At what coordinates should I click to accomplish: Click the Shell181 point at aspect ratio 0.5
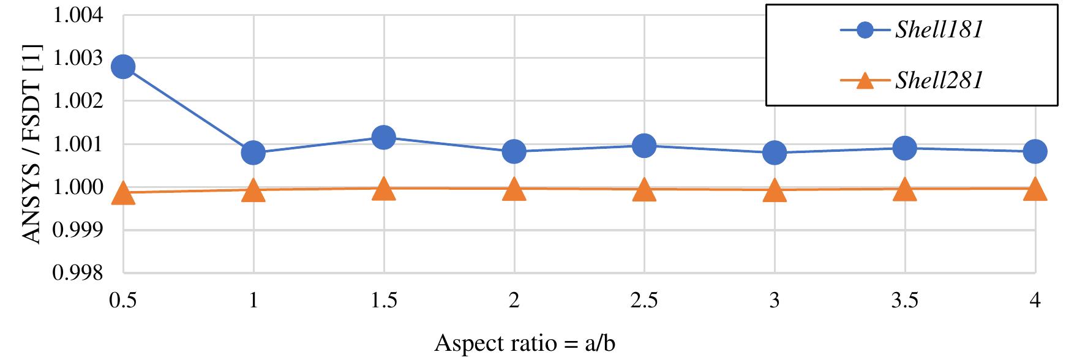(x=122, y=67)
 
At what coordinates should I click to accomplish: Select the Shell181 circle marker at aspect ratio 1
(x=253, y=152)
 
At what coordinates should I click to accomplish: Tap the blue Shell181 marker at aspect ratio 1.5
(x=383, y=137)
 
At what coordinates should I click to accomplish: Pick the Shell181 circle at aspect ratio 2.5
(x=644, y=145)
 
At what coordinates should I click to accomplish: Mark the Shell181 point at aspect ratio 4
(x=1035, y=151)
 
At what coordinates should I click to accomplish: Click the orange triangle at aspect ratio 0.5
(x=122, y=193)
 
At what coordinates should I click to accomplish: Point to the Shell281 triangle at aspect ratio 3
(x=775, y=190)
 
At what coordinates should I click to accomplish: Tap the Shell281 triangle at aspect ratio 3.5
(x=904, y=189)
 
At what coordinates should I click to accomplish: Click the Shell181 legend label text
(x=939, y=31)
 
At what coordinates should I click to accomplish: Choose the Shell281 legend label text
(x=939, y=80)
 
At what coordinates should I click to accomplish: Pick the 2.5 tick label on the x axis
(x=644, y=301)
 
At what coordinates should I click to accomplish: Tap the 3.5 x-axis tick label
(x=904, y=301)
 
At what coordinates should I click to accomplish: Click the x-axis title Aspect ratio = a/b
(x=525, y=344)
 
